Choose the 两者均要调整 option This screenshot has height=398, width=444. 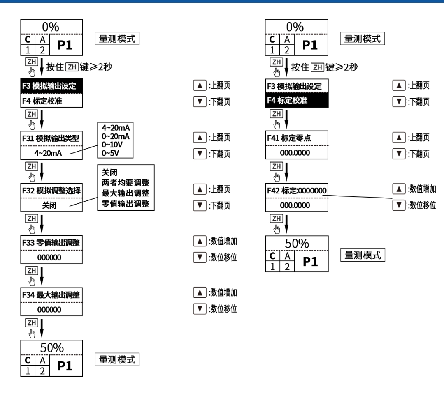(x=126, y=182)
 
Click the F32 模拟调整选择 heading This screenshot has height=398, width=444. (x=51, y=191)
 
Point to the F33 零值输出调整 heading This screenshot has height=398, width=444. (x=51, y=243)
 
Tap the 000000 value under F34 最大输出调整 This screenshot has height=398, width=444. (x=51, y=310)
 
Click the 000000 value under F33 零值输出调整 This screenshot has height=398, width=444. (x=51, y=258)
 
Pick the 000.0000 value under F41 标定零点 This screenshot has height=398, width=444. (x=297, y=153)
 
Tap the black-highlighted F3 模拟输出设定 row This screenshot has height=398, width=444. (x=51, y=87)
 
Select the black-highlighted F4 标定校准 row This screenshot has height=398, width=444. (x=297, y=100)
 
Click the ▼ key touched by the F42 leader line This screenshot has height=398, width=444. (x=397, y=204)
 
